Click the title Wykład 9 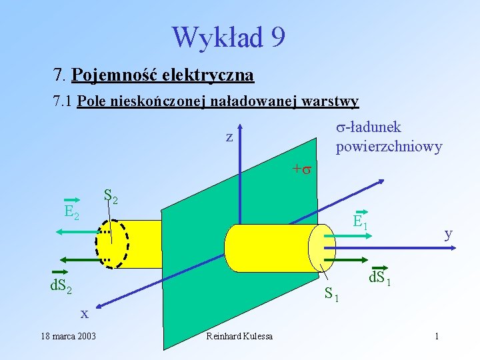(x=229, y=37)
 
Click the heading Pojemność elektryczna (x=163, y=75)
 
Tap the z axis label (x=229, y=137)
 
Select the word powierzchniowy (x=389, y=146)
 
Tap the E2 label (x=71, y=213)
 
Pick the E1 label (x=361, y=222)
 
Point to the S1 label (x=332, y=293)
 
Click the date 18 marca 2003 (x=67, y=336)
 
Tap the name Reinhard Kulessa (x=239, y=336)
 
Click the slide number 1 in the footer (x=436, y=336)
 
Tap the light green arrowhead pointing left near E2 (x=59, y=231)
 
